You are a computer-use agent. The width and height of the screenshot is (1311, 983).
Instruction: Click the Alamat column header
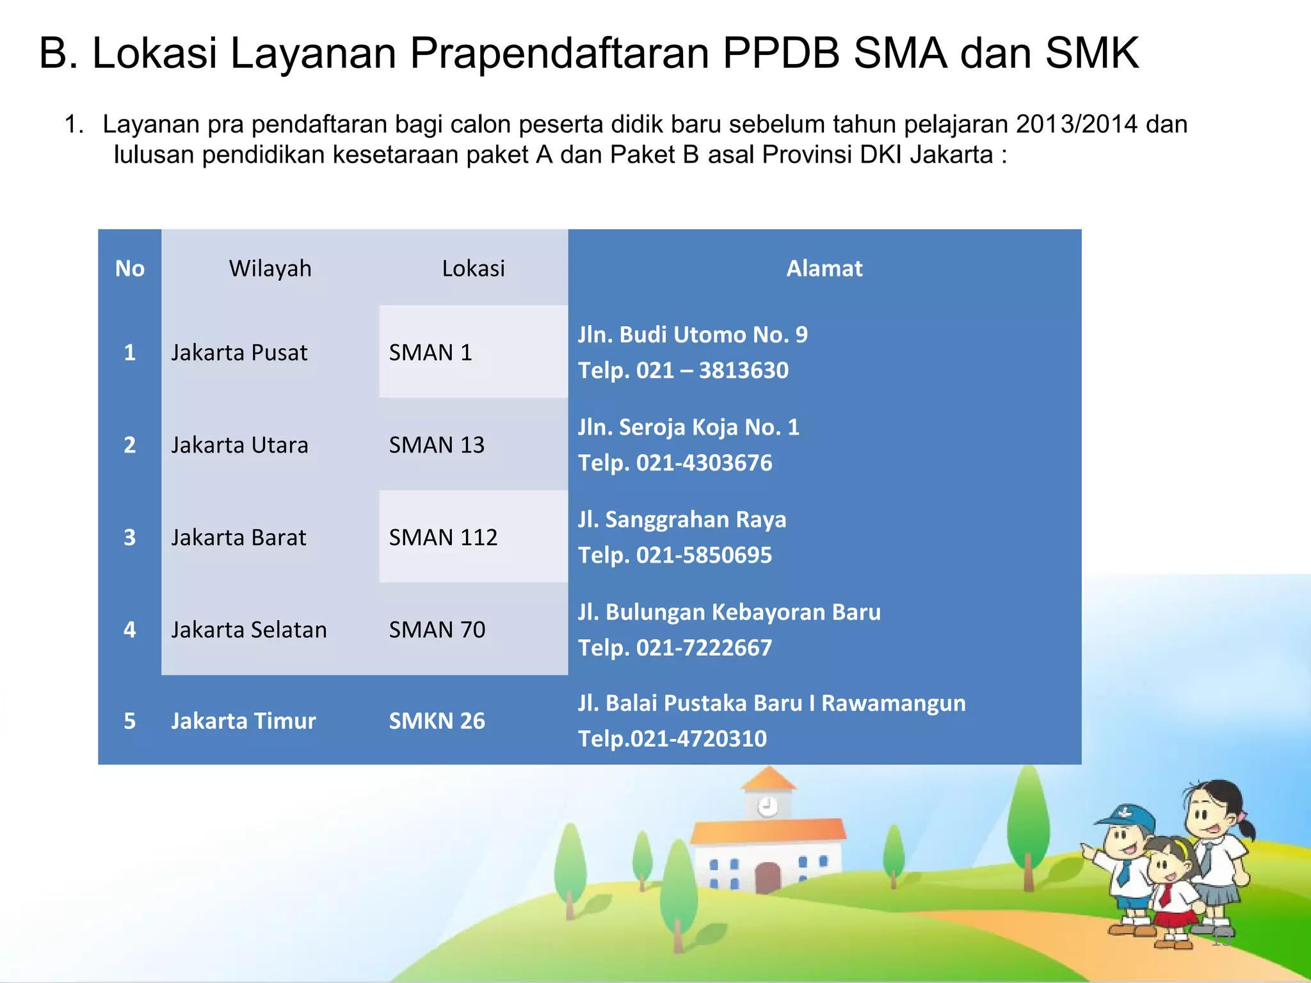[824, 268]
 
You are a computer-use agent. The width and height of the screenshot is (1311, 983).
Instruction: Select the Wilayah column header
[270, 268]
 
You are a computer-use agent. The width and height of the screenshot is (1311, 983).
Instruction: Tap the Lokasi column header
[473, 268]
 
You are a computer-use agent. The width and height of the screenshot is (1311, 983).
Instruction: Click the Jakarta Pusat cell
[239, 353]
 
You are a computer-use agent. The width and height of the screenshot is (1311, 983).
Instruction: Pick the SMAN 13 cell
[437, 445]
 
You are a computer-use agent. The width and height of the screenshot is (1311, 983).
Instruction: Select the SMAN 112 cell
[443, 537]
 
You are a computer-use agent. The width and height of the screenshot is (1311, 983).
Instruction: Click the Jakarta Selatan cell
[248, 630]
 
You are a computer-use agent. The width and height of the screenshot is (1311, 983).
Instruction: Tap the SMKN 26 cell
[437, 721]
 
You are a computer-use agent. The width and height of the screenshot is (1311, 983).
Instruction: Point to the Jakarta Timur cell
[243, 721]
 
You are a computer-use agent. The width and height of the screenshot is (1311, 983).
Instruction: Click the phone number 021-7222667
[704, 648]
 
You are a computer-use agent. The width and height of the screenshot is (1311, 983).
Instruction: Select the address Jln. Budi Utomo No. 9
[693, 335]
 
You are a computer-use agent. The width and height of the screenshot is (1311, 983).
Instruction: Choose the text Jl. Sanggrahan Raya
[682, 519]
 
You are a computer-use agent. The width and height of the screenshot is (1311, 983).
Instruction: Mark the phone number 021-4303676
[704, 463]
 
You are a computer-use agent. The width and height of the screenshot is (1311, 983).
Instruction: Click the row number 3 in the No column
[129, 537]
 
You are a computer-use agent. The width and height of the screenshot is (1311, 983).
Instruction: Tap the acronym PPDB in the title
[780, 52]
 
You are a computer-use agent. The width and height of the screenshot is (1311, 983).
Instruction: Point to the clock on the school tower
[768, 806]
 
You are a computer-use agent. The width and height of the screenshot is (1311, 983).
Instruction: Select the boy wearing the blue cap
[1127, 864]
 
